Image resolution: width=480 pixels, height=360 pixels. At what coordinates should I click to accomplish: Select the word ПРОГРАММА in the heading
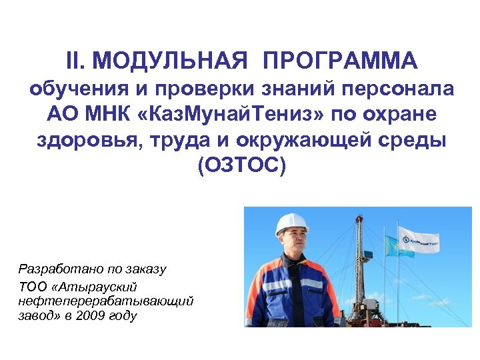(x=341, y=61)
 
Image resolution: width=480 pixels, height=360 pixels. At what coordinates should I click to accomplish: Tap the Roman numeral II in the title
(x=78, y=61)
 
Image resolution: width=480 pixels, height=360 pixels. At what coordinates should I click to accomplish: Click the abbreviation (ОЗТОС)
(x=241, y=165)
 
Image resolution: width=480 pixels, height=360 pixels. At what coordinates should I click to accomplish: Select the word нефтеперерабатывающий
(x=106, y=301)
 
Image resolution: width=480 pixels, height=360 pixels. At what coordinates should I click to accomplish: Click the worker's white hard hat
(x=291, y=223)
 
